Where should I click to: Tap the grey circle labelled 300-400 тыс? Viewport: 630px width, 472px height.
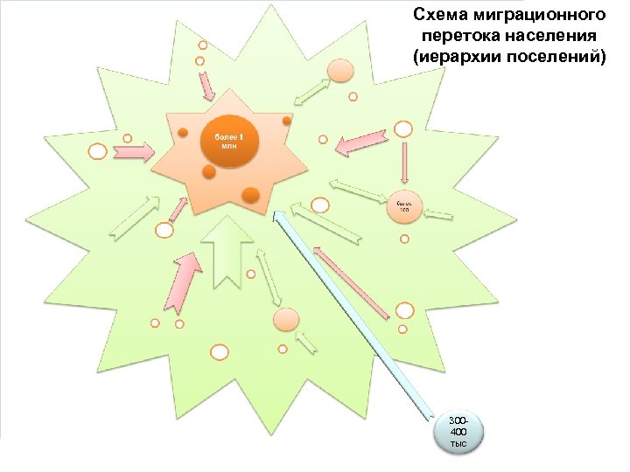(x=458, y=430)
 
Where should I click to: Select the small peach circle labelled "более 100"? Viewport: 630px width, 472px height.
(x=404, y=206)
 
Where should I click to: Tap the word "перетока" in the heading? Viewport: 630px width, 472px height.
(x=458, y=36)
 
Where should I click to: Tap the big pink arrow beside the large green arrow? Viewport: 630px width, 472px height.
(x=179, y=283)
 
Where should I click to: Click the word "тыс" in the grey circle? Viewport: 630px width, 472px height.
(x=458, y=444)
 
